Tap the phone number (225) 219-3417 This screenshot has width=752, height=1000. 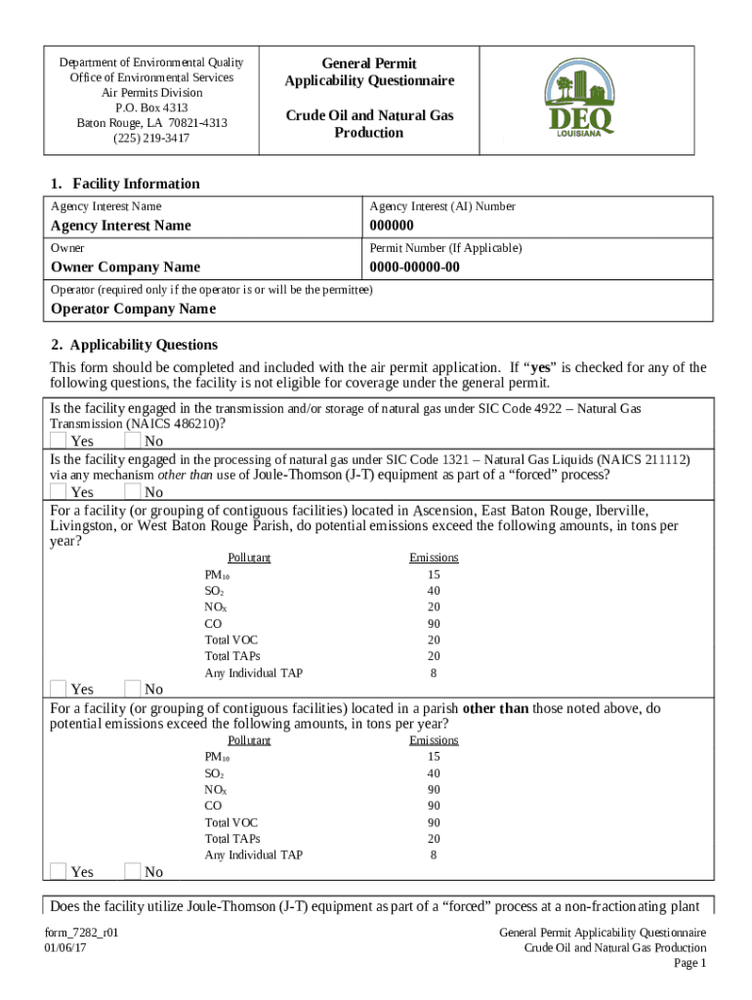click(x=151, y=138)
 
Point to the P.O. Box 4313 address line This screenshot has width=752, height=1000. click(x=151, y=107)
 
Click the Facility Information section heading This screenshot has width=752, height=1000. click(x=125, y=184)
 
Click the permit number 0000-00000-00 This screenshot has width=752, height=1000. click(x=414, y=267)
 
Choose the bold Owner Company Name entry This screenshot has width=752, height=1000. click(x=125, y=267)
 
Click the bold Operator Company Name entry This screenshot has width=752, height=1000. click(x=133, y=309)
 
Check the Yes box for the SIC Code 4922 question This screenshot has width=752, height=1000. click(x=59, y=441)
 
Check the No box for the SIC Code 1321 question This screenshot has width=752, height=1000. click(x=133, y=491)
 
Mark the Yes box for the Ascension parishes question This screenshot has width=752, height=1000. click(x=59, y=689)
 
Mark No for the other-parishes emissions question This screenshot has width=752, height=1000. click(x=133, y=871)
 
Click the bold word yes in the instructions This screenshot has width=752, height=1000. click(x=542, y=367)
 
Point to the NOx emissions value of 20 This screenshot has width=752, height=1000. click(x=434, y=606)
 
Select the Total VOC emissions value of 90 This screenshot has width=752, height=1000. click(x=434, y=822)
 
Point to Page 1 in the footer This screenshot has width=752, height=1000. click(x=689, y=963)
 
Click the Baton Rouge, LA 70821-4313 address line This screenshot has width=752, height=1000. click(x=151, y=123)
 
